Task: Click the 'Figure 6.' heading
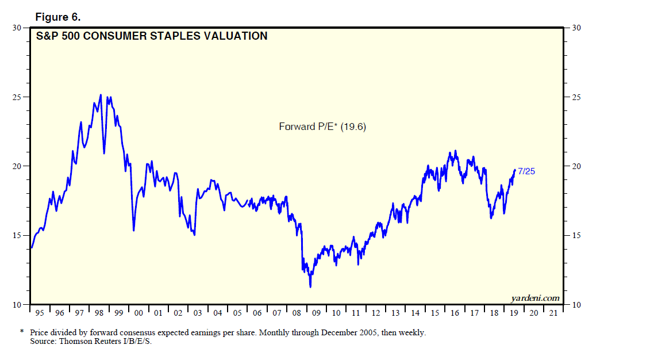tap(58, 16)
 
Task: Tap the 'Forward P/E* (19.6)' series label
tap(322, 127)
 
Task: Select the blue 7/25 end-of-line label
tap(527, 171)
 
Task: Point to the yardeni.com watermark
tap(535, 298)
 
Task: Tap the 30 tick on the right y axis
tap(576, 28)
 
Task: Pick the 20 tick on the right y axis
tap(576, 166)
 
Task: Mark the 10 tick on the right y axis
tap(576, 305)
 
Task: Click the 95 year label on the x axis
tap(40, 313)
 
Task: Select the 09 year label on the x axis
tap(317, 313)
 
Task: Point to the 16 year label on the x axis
tap(455, 313)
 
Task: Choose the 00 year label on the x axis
tap(139, 313)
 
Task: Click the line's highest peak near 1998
tap(101, 95)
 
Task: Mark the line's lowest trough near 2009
tap(310, 286)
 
